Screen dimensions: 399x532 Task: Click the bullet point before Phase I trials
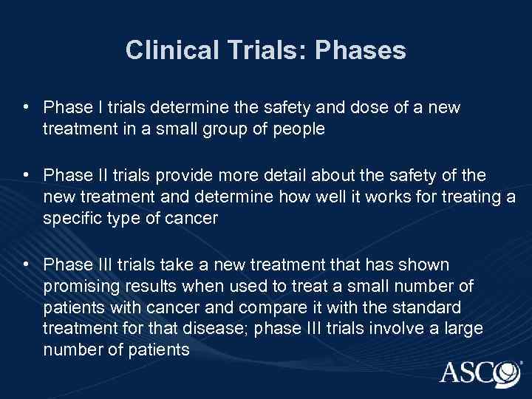[26, 108]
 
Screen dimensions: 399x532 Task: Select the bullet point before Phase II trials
[26, 174]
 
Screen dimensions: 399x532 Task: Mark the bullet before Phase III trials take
[26, 264]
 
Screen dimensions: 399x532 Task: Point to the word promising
[78, 284]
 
